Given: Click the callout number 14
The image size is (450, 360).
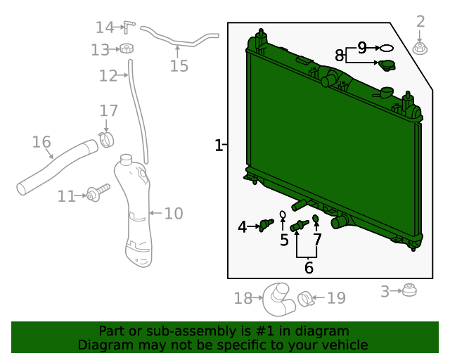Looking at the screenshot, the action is (105, 27).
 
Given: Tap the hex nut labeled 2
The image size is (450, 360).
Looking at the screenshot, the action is (420, 49).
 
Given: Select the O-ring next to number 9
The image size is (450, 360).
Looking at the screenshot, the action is (386, 49).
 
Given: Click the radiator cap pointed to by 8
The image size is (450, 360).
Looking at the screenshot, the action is (387, 65).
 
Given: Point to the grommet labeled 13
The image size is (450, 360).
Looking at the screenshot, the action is (127, 49).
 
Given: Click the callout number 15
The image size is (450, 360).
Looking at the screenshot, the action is (179, 66).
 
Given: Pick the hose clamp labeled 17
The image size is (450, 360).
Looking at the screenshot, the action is (106, 140).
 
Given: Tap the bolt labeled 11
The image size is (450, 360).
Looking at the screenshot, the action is (98, 193).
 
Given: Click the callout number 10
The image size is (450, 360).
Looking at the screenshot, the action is (174, 213).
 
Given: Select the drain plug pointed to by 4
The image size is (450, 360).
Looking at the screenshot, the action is (266, 225).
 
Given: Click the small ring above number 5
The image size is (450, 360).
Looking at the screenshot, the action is (283, 214).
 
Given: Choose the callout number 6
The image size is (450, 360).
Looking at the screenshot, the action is (309, 268).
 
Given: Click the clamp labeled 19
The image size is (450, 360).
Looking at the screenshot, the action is (305, 299).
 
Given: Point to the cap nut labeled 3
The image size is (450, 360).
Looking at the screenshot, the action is (409, 290).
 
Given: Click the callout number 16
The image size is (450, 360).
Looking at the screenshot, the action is (41, 142).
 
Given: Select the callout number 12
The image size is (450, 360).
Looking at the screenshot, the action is (108, 76).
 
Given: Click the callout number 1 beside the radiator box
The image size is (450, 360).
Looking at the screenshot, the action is (219, 146).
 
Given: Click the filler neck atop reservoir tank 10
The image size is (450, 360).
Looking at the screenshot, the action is (126, 160).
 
